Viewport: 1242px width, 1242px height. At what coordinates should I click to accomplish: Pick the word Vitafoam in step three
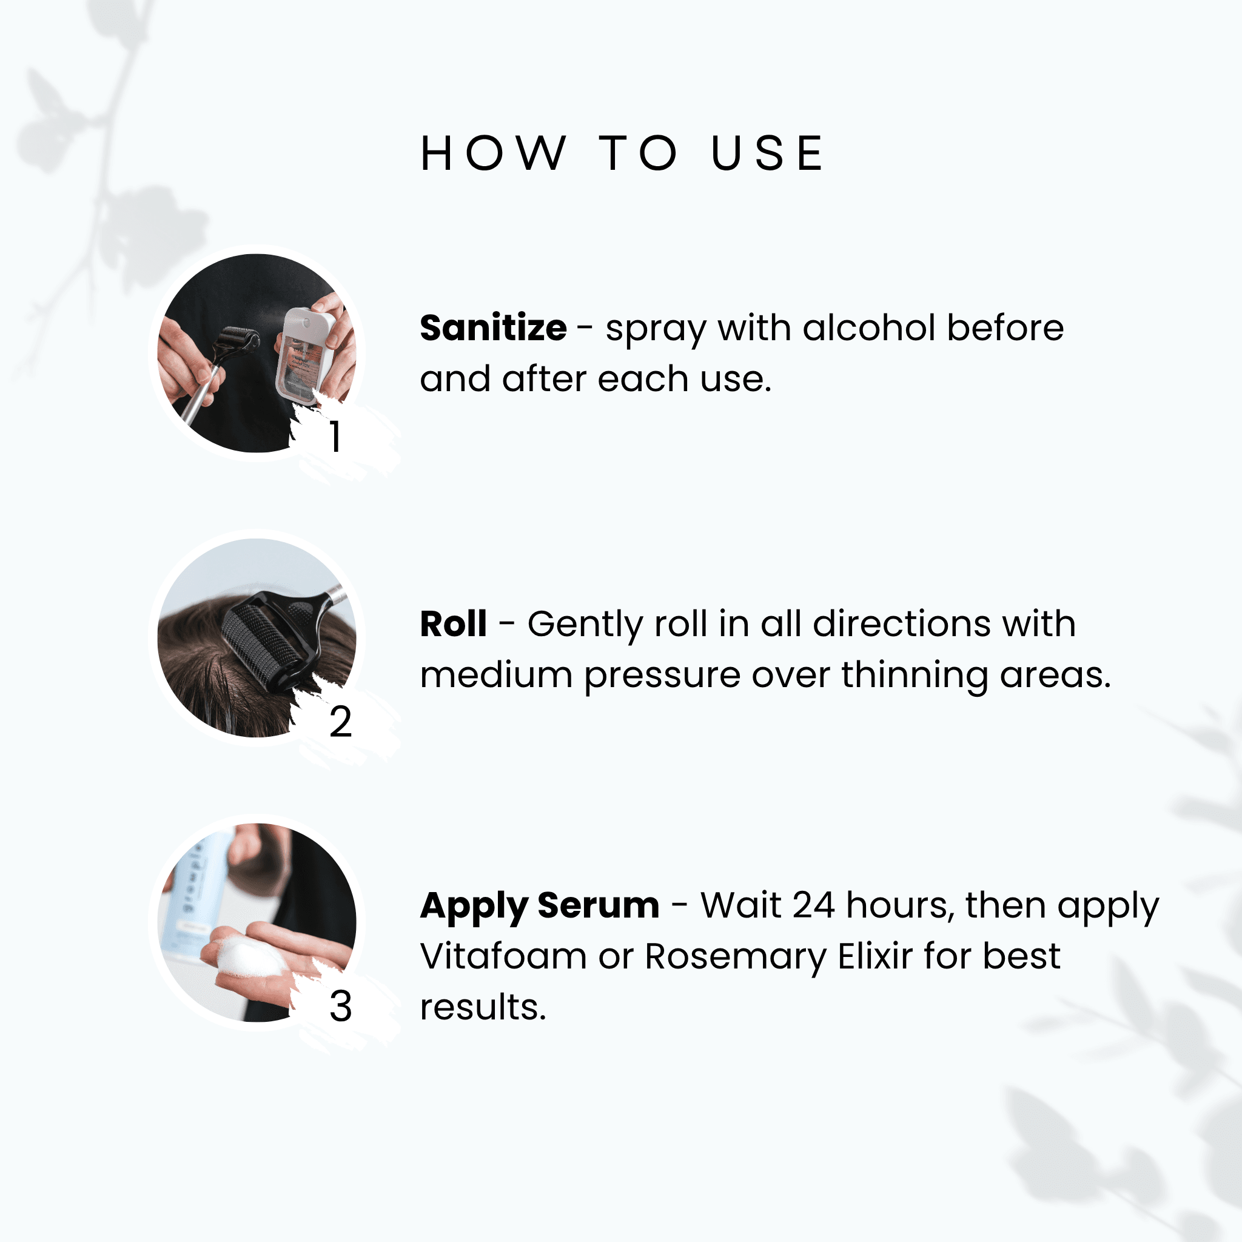503,956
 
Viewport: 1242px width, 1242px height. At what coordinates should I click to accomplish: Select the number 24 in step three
813,905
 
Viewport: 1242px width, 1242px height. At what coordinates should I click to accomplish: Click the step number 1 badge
335,437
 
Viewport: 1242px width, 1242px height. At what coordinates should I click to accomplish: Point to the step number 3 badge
340,1005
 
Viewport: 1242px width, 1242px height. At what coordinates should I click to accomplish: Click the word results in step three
483,1007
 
